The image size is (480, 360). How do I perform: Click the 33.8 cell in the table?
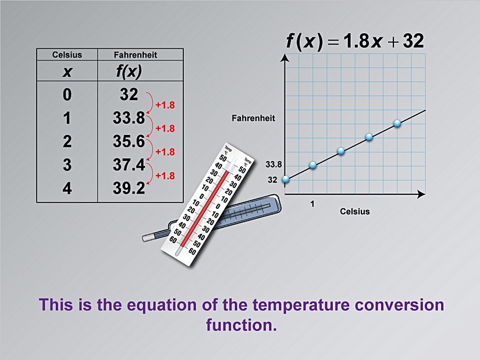[x=129, y=118]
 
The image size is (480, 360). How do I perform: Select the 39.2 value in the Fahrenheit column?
[x=129, y=188]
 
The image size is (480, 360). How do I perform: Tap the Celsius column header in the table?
[x=67, y=55]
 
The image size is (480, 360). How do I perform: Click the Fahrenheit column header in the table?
[x=136, y=55]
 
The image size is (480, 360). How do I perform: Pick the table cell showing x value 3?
[x=67, y=165]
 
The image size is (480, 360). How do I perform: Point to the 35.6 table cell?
[x=129, y=142]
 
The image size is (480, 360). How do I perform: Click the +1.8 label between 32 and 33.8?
[x=165, y=105]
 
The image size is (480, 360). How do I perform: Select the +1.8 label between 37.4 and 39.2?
[x=165, y=175]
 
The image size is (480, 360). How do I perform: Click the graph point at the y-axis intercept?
[x=285, y=180]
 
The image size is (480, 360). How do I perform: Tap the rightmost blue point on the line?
[x=397, y=123]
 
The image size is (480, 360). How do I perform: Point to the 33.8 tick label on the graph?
[x=273, y=165]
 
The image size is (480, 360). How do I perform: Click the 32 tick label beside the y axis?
[x=272, y=180]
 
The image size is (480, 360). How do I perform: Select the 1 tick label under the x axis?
[x=313, y=204]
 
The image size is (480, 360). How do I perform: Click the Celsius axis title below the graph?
[x=354, y=211]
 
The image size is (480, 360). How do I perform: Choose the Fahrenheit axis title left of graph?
[x=253, y=118]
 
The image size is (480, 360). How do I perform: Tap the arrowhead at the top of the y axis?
[x=285, y=58]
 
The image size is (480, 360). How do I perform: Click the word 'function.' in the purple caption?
[x=240, y=325]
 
